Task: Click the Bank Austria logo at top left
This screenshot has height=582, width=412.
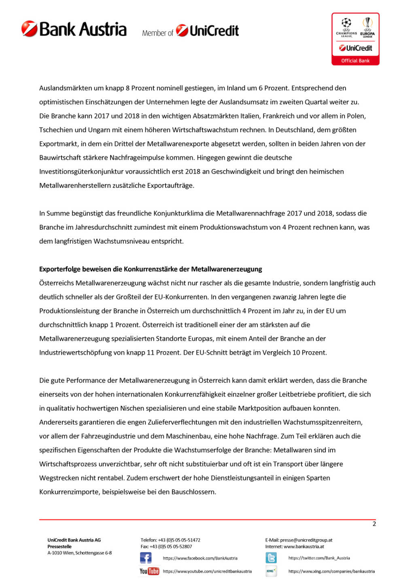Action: [74, 29]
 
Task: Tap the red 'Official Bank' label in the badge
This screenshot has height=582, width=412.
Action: [355, 61]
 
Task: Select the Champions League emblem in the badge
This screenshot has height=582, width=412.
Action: [346, 27]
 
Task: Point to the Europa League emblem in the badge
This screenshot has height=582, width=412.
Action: [367, 27]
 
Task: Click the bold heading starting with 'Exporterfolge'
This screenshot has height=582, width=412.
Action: [151, 269]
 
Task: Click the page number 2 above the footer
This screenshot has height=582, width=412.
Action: [374, 524]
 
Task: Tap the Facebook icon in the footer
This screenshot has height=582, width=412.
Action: [146, 558]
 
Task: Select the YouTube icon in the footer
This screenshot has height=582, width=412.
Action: [149, 571]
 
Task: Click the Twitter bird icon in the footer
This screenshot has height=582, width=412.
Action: [271, 558]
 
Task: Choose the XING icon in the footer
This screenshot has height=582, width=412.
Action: [271, 571]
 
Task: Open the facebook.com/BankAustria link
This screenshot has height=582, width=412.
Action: [200, 558]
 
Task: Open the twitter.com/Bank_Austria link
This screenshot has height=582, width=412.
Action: [319, 558]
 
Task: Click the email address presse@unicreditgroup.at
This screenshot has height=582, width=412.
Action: [306, 540]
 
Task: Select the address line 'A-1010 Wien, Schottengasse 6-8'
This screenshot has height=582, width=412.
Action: [80, 553]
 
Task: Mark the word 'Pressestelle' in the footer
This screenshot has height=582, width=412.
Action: [59, 546]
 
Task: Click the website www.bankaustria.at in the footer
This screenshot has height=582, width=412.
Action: [304, 546]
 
